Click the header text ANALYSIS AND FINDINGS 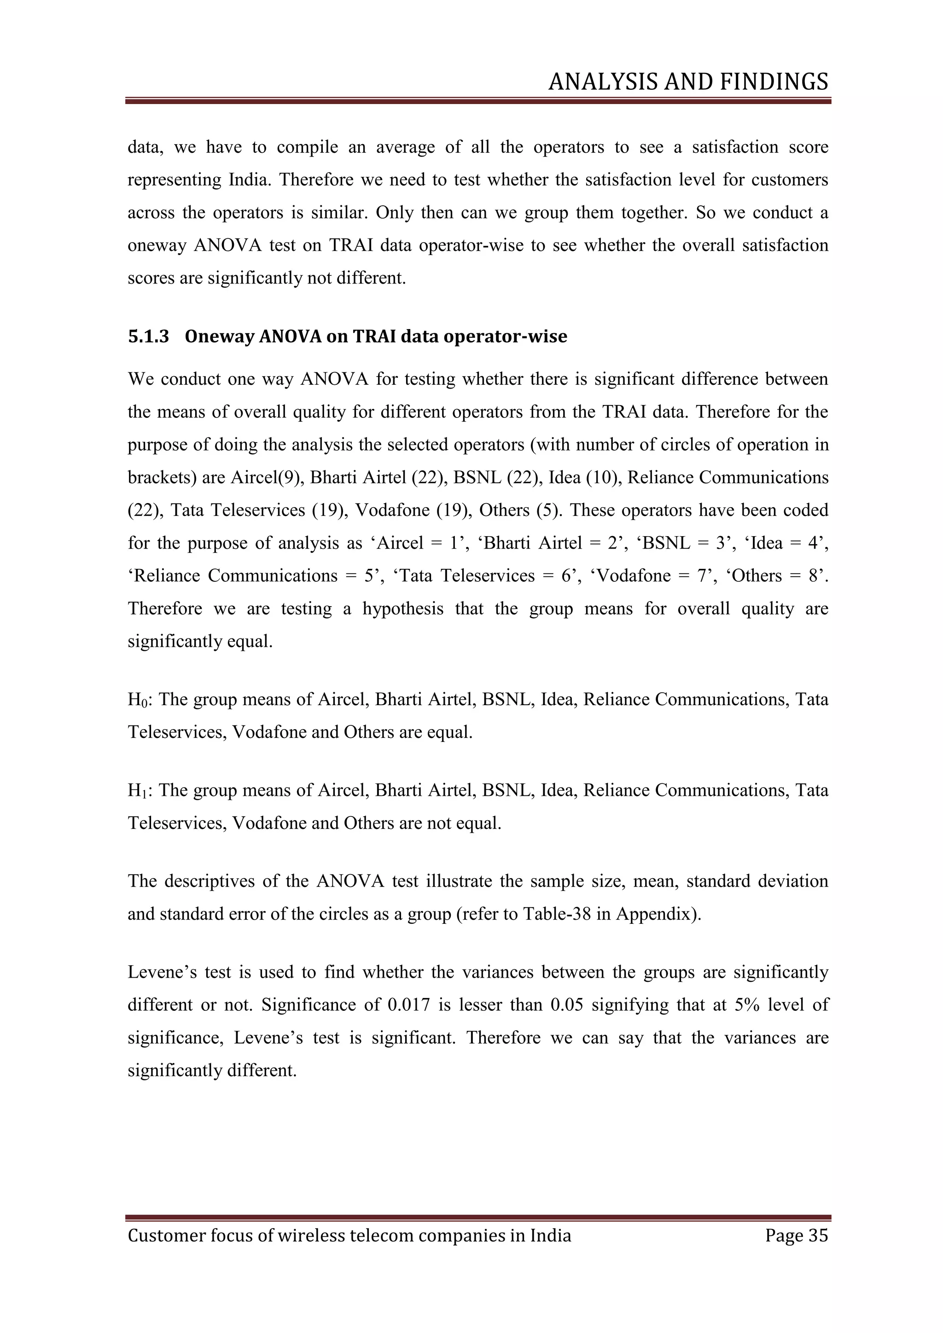(x=688, y=82)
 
